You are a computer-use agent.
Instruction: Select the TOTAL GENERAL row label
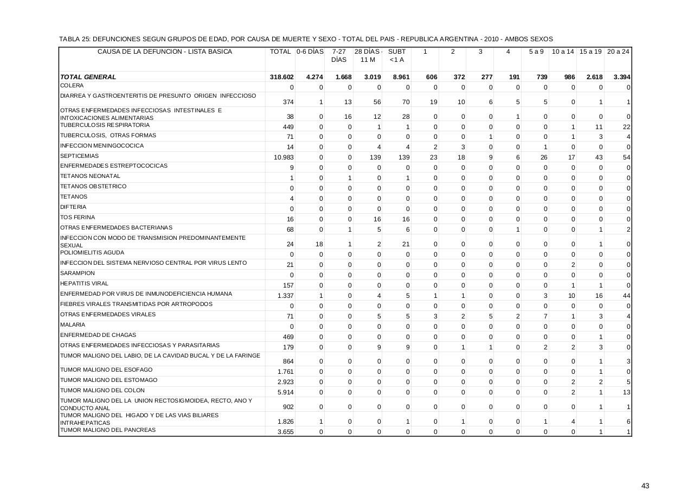88,77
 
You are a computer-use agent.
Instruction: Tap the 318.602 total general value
281,77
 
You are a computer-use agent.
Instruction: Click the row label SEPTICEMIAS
79,156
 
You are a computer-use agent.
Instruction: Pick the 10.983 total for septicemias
284,157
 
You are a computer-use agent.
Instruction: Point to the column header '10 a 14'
563,52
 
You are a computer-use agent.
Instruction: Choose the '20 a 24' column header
618,52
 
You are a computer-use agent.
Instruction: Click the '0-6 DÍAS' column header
310,52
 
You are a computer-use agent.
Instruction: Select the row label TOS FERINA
78,218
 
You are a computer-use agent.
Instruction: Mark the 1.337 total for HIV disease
285,296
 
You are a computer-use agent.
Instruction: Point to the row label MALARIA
73,324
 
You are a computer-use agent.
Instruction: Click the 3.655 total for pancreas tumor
285,432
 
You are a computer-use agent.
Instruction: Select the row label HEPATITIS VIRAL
85,284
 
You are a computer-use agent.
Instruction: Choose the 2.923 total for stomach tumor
285,382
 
